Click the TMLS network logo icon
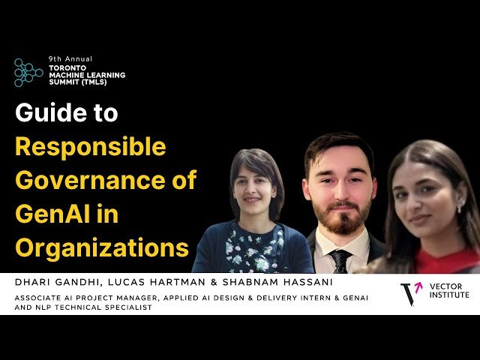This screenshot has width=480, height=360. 28,71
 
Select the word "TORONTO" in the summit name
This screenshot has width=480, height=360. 67,67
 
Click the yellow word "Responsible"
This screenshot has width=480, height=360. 91,147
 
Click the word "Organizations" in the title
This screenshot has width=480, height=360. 102,247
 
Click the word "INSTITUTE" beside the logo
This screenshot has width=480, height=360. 450,295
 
